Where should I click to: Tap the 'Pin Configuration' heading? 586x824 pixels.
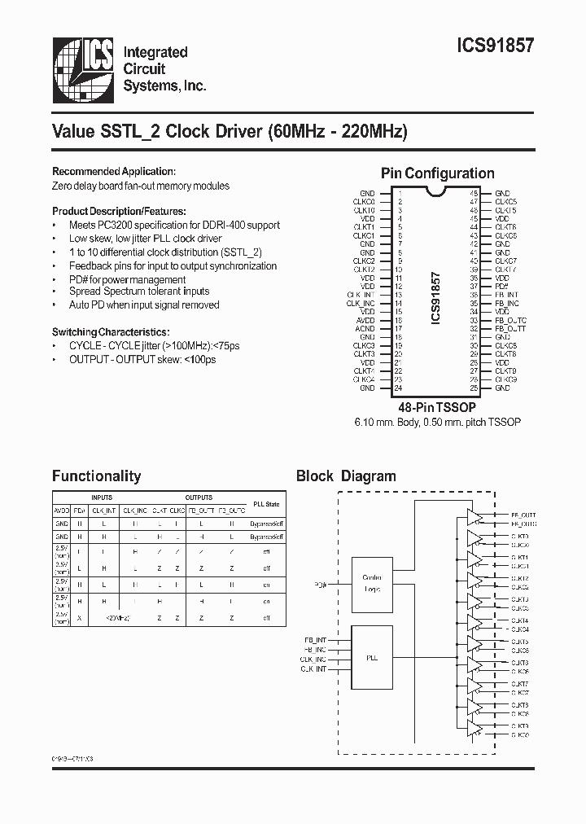(437, 173)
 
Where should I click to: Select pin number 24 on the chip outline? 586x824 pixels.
(399, 388)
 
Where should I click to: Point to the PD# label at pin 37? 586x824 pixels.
(502, 287)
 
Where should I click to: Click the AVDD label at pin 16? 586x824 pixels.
(365, 320)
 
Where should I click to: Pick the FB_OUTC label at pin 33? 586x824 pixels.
(510, 320)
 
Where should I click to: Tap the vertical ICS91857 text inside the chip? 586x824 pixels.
(435, 299)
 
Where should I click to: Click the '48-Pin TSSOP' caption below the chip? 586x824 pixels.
(437, 406)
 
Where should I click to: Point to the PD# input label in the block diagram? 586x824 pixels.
(320, 585)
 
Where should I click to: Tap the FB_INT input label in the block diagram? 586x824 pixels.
(314, 640)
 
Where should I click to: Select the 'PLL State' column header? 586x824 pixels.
(266, 505)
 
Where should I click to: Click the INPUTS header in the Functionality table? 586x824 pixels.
(102, 497)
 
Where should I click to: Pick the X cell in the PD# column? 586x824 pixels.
(80, 618)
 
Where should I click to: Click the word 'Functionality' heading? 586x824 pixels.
(96, 476)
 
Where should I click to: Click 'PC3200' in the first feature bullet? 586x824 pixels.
(119, 226)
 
